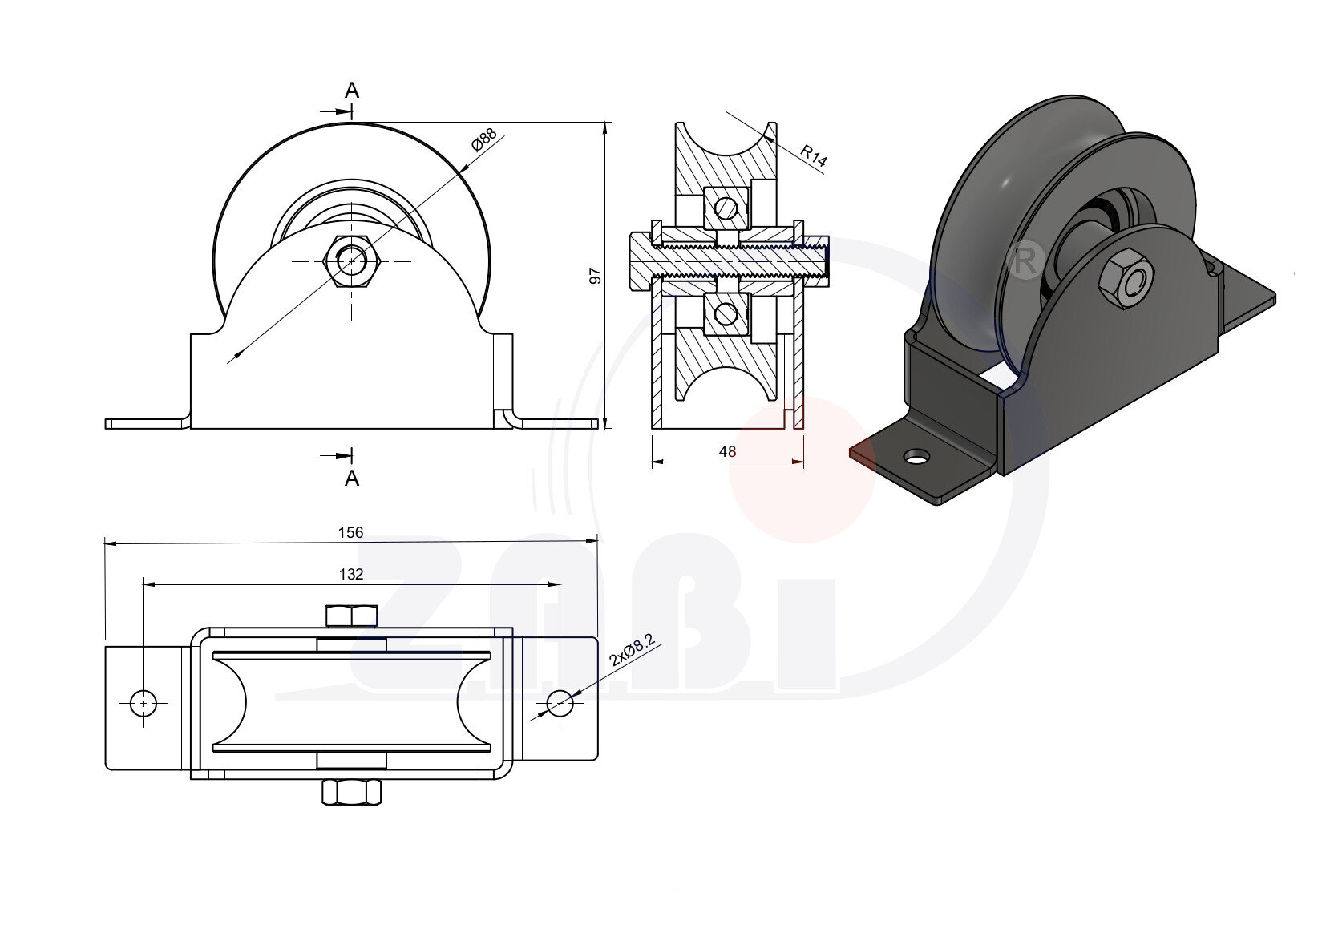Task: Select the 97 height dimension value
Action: [x=595, y=276]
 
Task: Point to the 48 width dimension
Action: [x=727, y=451]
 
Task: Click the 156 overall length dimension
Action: [x=350, y=532]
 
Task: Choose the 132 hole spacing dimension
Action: [x=351, y=574]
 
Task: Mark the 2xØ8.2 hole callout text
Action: [x=633, y=650]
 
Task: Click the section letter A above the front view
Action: [x=352, y=91]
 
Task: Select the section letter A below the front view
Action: [x=352, y=479]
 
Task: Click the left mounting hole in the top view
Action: [x=144, y=703]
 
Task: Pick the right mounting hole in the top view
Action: [x=560, y=704]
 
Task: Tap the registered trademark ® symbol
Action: [x=1024, y=261]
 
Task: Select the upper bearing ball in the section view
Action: [x=726, y=208]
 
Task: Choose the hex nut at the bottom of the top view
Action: [x=352, y=793]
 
